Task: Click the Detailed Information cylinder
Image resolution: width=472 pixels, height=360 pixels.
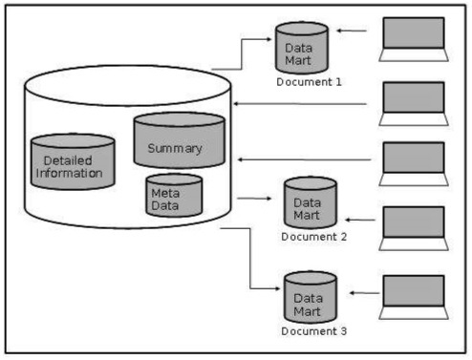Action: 73,162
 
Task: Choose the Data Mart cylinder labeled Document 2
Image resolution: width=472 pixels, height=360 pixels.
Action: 310,202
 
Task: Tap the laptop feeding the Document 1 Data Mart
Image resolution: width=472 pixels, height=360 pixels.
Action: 412,38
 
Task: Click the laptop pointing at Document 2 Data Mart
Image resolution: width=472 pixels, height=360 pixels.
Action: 414,225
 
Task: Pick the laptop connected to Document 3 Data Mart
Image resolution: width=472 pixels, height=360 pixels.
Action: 413,296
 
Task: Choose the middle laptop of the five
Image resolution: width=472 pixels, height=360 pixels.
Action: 413,162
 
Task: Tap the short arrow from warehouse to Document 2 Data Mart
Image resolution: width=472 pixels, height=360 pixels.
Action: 252,200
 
